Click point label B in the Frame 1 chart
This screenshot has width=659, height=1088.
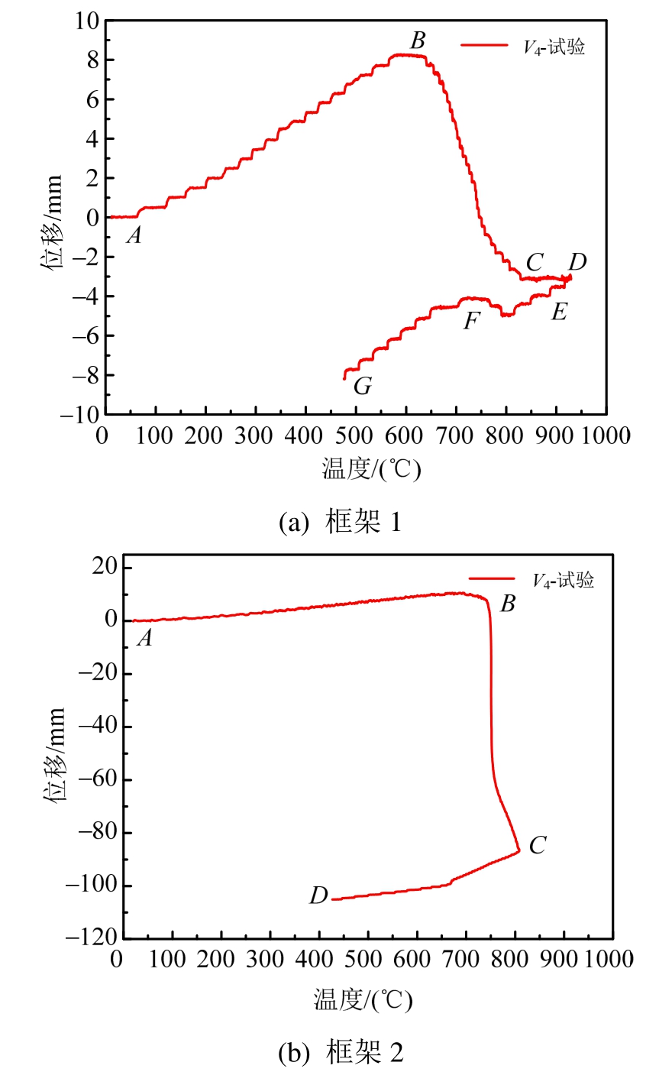click(418, 40)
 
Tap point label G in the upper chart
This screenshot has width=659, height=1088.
click(363, 386)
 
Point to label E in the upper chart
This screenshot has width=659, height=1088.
click(559, 311)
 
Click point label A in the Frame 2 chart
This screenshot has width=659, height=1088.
click(144, 638)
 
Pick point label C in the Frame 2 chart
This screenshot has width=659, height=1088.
click(538, 845)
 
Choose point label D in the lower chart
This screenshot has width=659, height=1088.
click(318, 895)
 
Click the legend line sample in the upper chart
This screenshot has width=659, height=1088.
click(484, 46)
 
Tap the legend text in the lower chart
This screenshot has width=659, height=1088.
click(563, 581)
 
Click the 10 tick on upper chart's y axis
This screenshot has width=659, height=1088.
click(86, 21)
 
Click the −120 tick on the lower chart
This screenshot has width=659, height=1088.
click(91, 938)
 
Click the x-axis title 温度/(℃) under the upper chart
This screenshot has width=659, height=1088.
click(371, 468)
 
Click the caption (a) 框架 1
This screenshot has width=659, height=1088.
click(340, 523)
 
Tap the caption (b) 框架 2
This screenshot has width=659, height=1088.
click(341, 1053)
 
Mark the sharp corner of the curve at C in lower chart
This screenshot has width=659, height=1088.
click(520, 850)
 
